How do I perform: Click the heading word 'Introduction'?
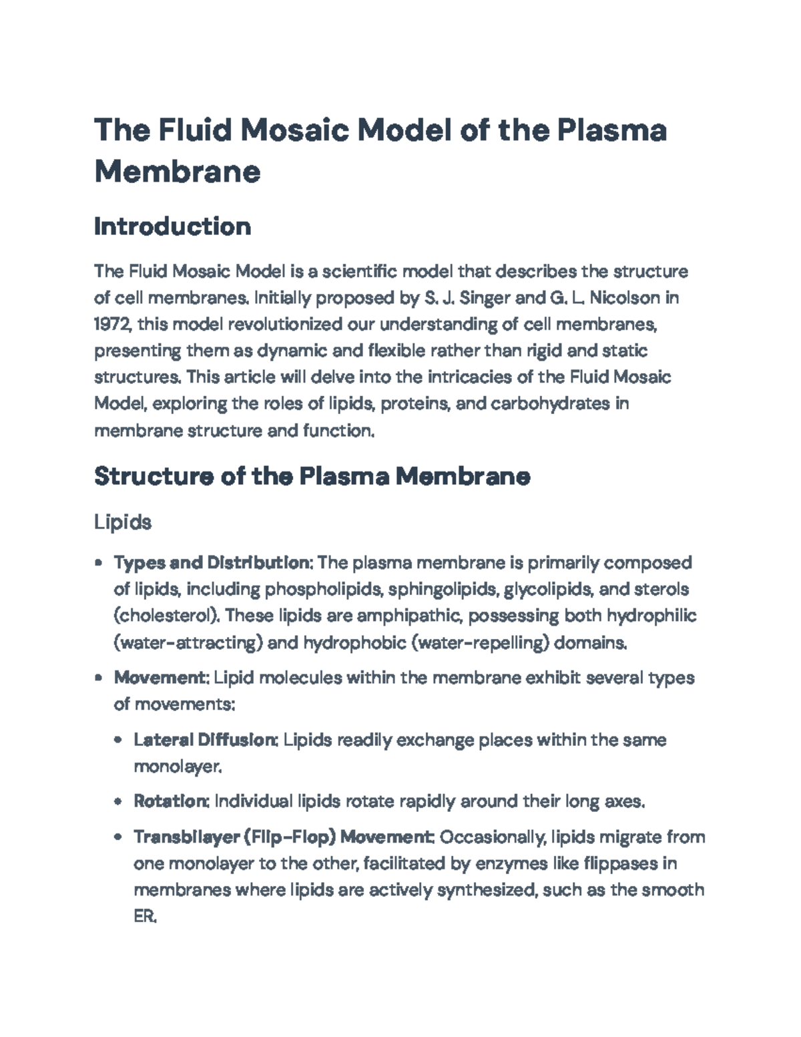click(172, 227)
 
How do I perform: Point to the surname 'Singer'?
click(475, 298)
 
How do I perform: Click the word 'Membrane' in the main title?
click(177, 172)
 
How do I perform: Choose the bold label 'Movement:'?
click(162, 678)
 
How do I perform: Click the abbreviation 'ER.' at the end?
click(145, 917)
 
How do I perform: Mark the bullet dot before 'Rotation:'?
click(118, 801)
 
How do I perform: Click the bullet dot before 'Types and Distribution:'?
click(99, 563)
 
